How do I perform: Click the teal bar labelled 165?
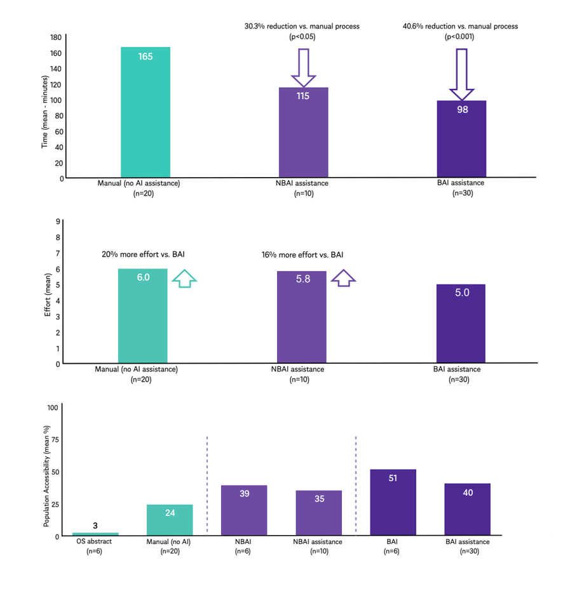145,112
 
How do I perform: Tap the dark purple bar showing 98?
461,139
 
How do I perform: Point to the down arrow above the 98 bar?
461,74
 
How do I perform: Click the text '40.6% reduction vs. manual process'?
460,26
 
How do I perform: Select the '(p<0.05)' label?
302,37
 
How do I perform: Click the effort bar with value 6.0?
143,315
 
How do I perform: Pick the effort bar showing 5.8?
302,317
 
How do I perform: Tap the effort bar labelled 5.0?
461,323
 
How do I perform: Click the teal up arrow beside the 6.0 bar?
184,279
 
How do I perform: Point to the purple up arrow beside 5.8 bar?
343,277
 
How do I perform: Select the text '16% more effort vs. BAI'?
302,255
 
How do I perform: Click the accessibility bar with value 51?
393,502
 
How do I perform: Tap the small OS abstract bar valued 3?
95,534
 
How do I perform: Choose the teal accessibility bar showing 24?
170,520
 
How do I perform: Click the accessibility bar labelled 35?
318,513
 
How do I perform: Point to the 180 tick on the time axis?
57,37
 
